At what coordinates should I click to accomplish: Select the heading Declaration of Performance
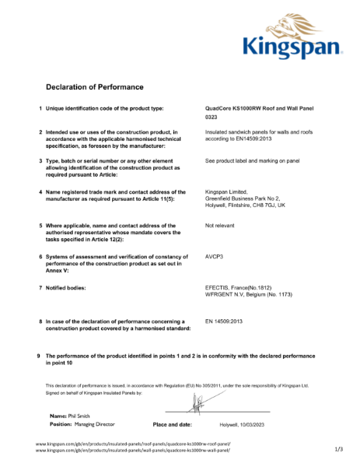(92, 86)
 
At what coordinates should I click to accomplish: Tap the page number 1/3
(338, 449)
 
